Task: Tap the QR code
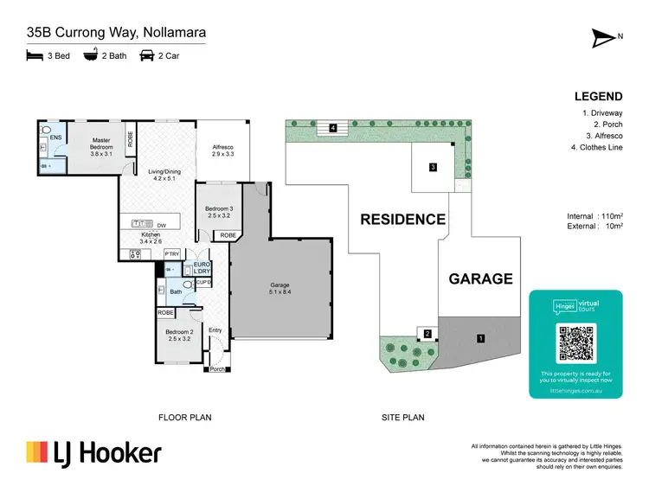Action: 575,343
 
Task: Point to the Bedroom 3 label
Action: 219,212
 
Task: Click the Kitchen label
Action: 151,239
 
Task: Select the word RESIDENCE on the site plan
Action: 402,220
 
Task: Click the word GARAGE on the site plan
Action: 480,278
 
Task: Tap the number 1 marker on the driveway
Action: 479,339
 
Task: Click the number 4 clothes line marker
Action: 332,128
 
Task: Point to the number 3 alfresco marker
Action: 434,167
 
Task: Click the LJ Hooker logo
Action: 93,453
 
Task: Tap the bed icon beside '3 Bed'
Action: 35,55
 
